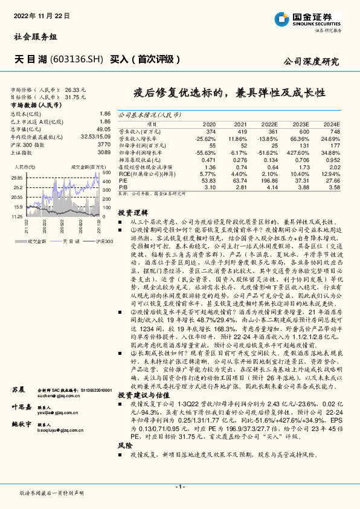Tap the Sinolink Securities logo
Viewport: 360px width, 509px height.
(308, 19)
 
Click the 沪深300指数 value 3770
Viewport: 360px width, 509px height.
(103, 144)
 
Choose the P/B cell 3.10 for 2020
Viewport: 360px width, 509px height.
(210, 187)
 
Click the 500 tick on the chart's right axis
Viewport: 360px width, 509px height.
(104, 173)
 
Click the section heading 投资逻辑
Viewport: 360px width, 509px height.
(133, 213)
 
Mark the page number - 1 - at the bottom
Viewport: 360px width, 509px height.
(179, 487)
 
